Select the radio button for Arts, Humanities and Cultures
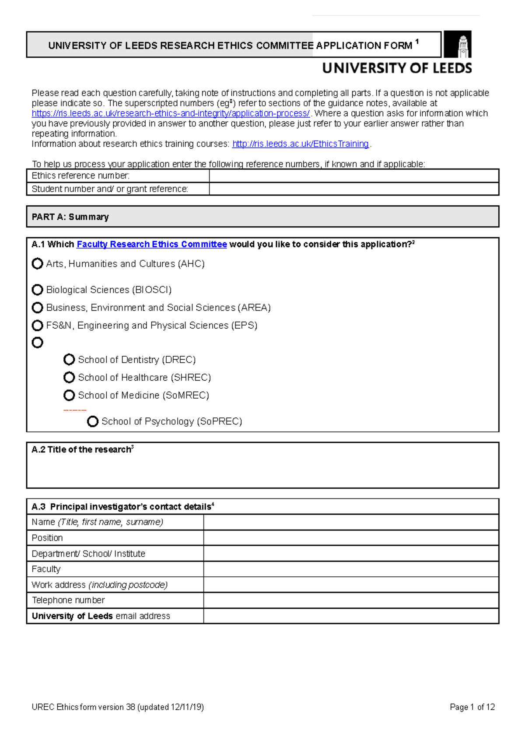coord(38,263)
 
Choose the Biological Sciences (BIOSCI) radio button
coord(38,290)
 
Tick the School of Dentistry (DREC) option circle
coord(69,359)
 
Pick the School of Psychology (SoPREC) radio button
coord(93,421)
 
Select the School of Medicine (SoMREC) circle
coord(69,395)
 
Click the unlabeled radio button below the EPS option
coord(38,343)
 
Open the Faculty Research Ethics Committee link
coord(151,244)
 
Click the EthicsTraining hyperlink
coord(301,144)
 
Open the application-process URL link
coord(171,113)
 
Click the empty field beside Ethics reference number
coord(353,176)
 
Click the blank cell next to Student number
coord(353,189)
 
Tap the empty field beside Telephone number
coord(351,600)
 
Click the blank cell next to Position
coord(351,538)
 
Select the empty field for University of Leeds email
coord(351,616)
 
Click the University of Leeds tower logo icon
coord(458,44)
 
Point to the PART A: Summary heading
coord(70,217)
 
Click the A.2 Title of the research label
coord(82,449)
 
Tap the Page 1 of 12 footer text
coord(472,707)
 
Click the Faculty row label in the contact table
coord(46,569)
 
